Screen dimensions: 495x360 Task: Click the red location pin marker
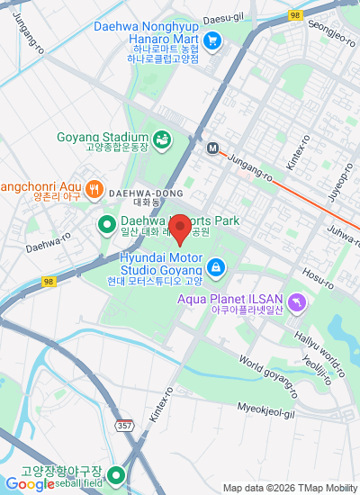(x=179, y=229)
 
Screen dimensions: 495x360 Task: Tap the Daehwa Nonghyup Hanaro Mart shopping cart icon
(x=212, y=40)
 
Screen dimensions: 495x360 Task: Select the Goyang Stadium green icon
(x=162, y=139)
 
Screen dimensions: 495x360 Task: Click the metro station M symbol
(x=213, y=148)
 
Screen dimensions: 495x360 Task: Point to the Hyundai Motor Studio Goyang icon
(x=216, y=267)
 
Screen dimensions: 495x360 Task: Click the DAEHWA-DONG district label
(x=146, y=193)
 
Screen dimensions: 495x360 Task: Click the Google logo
(x=27, y=484)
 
